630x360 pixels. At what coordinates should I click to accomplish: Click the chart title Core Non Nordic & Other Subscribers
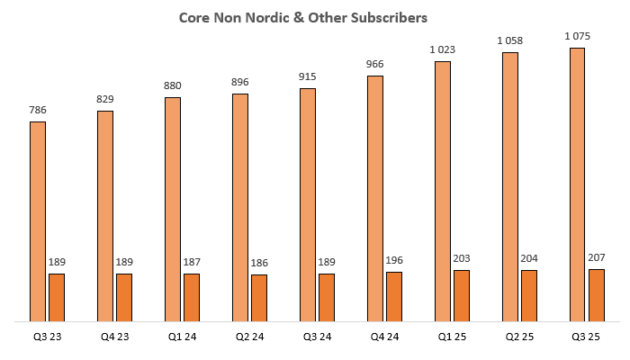point(315,18)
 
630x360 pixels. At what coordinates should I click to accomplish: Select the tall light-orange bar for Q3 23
point(38,221)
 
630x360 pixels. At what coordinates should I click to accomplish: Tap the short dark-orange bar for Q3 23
point(57,297)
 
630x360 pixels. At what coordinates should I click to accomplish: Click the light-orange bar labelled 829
point(105,216)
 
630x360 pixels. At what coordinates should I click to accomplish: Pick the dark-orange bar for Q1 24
point(192,297)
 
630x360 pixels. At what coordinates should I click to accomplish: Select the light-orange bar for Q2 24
point(240,207)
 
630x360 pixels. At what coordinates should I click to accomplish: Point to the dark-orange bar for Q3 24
point(327,297)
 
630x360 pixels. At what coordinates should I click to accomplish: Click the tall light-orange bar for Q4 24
point(375,198)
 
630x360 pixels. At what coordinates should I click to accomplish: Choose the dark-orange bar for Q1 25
point(462,295)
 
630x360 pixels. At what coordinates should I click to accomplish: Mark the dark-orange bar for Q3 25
point(597,294)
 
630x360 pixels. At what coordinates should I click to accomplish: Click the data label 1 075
point(578,36)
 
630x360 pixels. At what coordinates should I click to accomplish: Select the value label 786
point(38,111)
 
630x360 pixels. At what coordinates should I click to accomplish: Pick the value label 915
point(308,77)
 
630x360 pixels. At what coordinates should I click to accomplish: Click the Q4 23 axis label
point(114,337)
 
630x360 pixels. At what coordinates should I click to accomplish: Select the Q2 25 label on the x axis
point(519,337)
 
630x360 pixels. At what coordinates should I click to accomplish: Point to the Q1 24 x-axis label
point(182,337)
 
